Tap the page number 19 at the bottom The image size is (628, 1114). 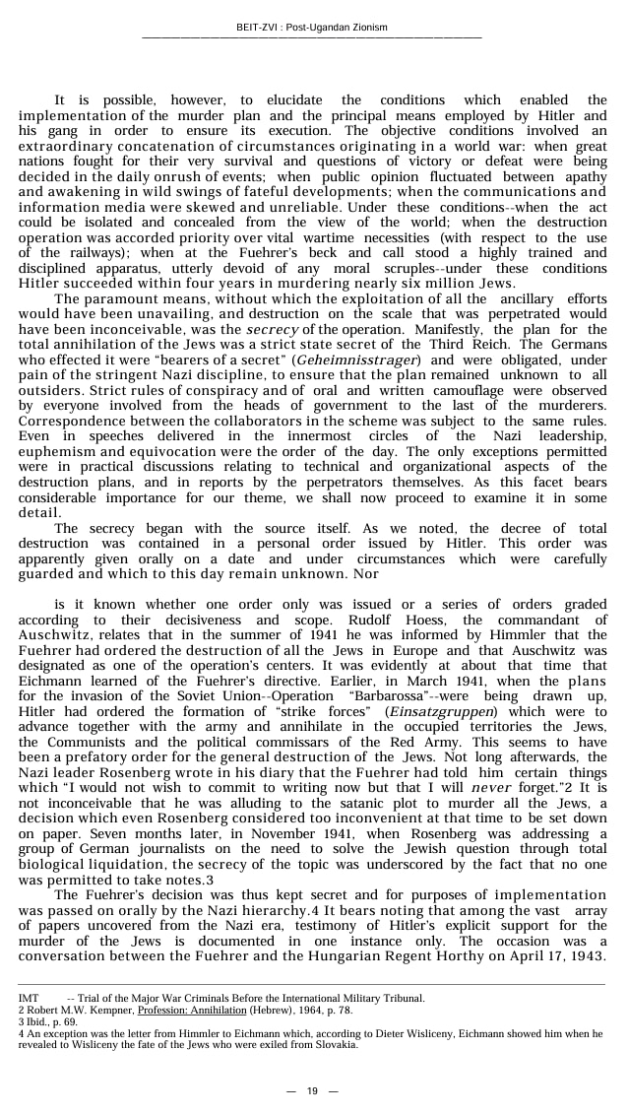pos(312,1090)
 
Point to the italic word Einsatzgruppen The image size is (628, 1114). pos(444,711)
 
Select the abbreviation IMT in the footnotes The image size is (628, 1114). pos(29,998)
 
